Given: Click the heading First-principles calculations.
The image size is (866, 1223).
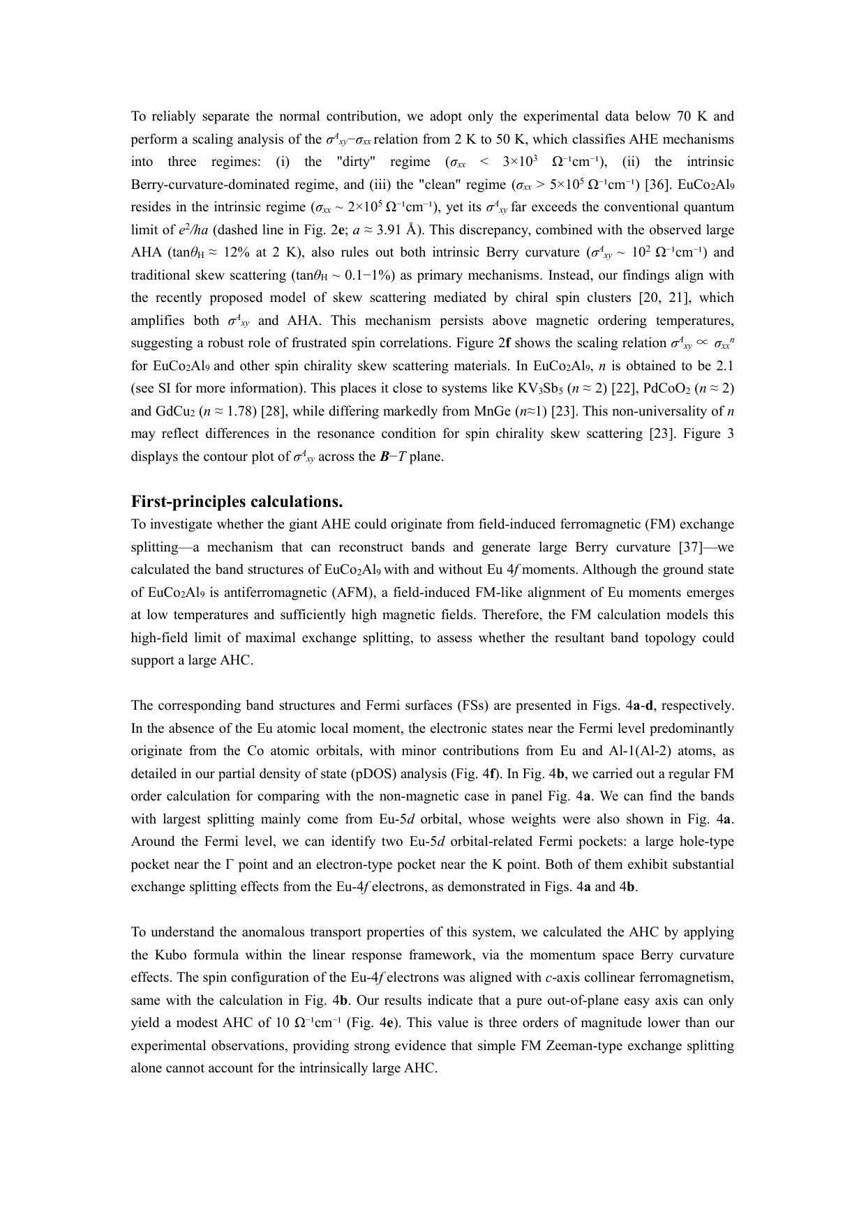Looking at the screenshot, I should tap(237, 502).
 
